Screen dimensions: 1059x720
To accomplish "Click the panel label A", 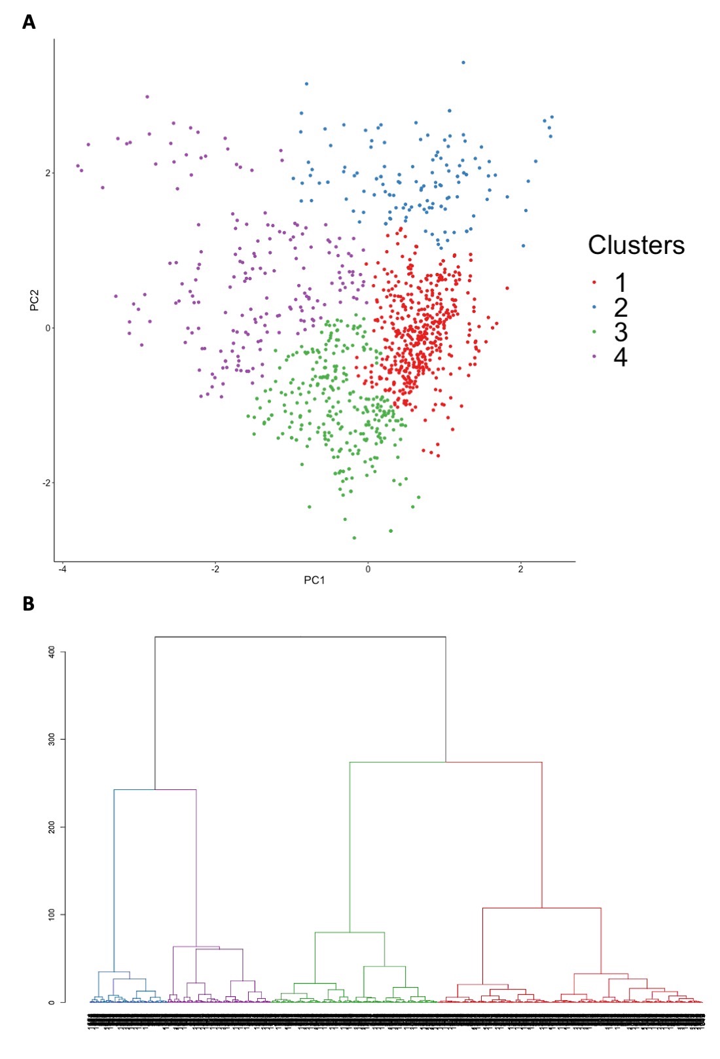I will click(29, 22).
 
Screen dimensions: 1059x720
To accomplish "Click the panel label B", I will click(28, 603).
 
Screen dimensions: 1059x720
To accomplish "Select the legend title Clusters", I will click(636, 245).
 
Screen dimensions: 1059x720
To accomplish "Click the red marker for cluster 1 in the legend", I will click(594, 283).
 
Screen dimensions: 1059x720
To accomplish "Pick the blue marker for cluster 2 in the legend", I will click(594, 307).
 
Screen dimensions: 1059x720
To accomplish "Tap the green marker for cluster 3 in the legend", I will click(594, 332).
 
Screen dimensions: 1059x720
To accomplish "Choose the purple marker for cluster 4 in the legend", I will click(594, 357).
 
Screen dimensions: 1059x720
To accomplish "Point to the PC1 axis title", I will click(314, 580).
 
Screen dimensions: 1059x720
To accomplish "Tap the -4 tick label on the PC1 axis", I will click(62, 569).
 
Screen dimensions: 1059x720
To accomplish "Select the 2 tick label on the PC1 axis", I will click(520, 569).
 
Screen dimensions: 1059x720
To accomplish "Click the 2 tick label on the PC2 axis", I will click(47, 173).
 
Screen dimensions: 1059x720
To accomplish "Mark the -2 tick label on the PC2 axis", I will click(46, 483).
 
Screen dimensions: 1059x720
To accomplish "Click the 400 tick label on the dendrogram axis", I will click(52, 652).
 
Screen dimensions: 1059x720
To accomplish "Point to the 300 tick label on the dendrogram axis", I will click(52, 739).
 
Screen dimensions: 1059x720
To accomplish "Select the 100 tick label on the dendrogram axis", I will click(52, 914).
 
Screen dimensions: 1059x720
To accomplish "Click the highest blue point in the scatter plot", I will click(463, 63).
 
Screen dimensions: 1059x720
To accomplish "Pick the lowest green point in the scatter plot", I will click(354, 538).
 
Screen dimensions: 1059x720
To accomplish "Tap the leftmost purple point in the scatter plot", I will click(77, 166).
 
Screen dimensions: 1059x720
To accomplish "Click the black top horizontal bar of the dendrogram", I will click(300, 637).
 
